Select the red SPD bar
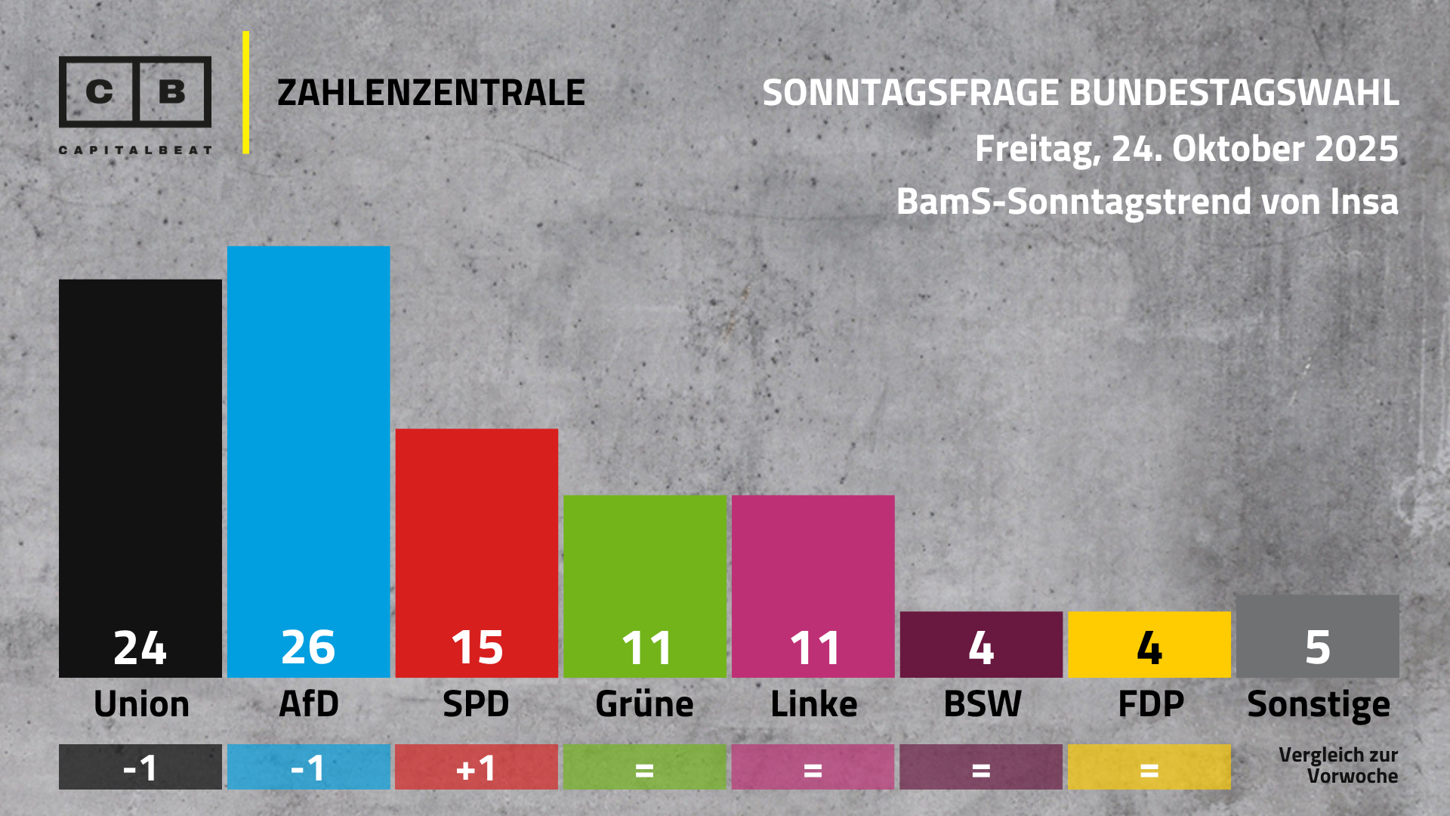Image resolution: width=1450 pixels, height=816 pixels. [x=477, y=529]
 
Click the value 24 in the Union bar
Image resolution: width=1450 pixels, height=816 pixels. [x=140, y=648]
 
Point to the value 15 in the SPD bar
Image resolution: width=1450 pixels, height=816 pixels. [x=477, y=648]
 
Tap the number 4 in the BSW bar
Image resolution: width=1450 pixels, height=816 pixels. [x=981, y=648]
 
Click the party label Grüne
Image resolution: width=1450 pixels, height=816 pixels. [x=644, y=704]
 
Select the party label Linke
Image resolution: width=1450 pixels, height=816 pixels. [x=813, y=704]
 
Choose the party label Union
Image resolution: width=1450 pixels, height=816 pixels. [x=141, y=704]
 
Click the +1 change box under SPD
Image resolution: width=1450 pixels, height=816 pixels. [x=477, y=768]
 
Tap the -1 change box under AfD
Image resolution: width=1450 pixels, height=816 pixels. [x=308, y=768]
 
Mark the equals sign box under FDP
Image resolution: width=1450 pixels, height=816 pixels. [x=1149, y=768]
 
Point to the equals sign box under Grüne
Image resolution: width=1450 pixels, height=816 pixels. [x=644, y=768]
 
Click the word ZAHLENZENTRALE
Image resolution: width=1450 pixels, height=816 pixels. [x=430, y=93]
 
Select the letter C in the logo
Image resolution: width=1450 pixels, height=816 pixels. [x=99, y=92]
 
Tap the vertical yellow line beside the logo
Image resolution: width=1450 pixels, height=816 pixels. [x=246, y=92]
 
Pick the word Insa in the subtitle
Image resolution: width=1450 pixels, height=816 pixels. [x=1364, y=202]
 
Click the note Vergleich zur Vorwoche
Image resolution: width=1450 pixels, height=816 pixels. [x=1338, y=765]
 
